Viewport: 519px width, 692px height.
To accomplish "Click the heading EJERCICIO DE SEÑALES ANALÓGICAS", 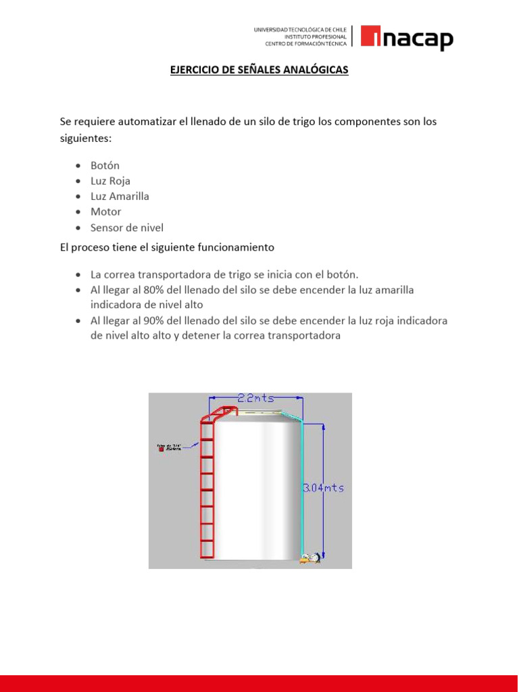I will [x=259, y=70].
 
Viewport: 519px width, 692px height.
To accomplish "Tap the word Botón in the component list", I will [x=105, y=166].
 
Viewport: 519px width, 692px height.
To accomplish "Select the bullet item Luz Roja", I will [x=110, y=181].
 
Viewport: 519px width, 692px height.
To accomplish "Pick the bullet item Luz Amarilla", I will [x=120, y=197].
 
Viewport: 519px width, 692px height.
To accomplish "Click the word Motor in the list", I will [x=106, y=212].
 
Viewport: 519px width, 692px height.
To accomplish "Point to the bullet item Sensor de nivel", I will [x=127, y=228].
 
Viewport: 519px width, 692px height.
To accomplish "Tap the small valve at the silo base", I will [x=310, y=558].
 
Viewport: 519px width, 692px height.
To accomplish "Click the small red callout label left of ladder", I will [x=162, y=447].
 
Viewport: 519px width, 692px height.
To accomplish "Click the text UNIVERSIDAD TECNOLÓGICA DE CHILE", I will [x=300, y=30].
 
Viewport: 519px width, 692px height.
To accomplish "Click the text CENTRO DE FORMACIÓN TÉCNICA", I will [x=305, y=44].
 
